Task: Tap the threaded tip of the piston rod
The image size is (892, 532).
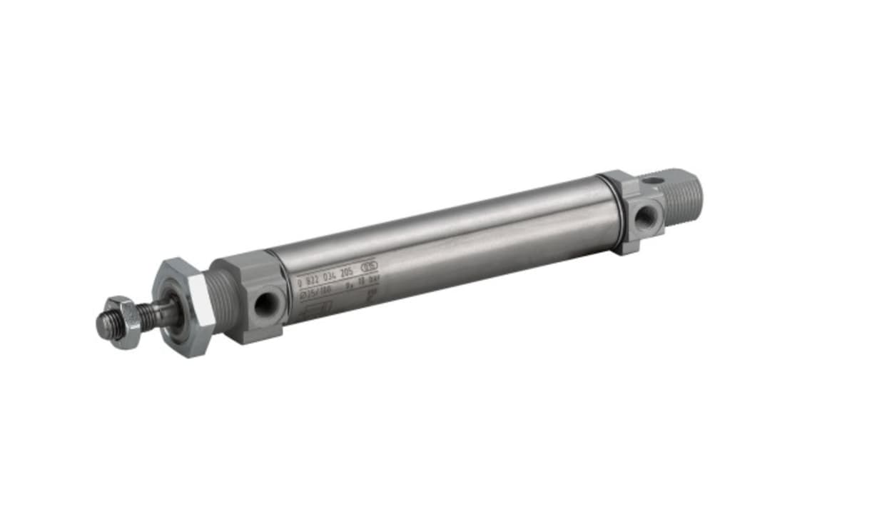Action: point(104,326)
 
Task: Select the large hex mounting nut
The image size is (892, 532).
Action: point(183,307)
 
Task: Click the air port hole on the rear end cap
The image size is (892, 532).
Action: point(644,216)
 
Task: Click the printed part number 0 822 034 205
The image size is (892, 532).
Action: point(325,276)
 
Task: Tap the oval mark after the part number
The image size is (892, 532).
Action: point(369,266)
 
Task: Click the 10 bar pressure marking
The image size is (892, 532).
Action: point(364,282)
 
